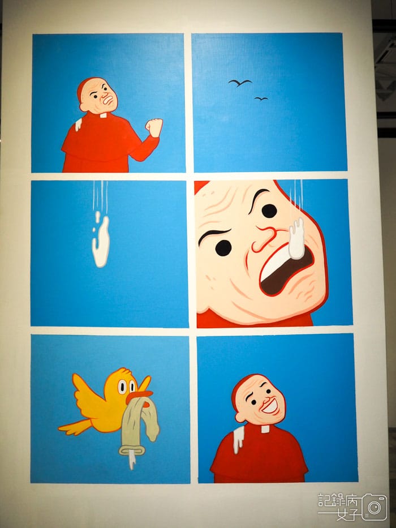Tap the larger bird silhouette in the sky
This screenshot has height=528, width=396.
point(240,83)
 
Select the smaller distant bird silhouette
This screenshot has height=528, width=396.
point(261,98)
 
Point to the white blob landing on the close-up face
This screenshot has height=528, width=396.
point(296,238)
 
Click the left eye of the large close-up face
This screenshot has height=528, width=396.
point(224,247)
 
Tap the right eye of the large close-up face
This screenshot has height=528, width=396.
point(269,211)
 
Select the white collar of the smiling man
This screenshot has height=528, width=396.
point(265,428)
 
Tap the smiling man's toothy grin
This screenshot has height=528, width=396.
point(270,405)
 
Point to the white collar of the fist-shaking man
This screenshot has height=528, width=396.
point(103,115)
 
